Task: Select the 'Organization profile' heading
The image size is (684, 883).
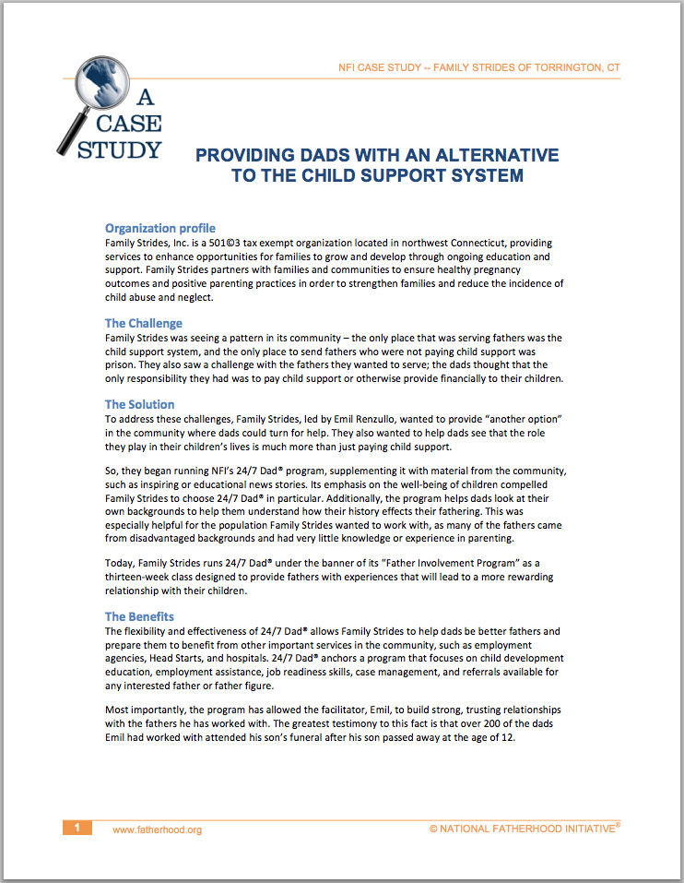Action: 159,228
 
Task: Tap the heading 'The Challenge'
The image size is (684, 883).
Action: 143,324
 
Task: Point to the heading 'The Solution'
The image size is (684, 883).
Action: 139,404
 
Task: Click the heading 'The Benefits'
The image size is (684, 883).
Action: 139,616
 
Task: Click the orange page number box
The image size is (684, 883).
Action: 77,829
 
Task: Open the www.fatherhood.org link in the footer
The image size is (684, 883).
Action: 157,829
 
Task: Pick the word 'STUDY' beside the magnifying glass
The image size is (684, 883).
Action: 120,149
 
